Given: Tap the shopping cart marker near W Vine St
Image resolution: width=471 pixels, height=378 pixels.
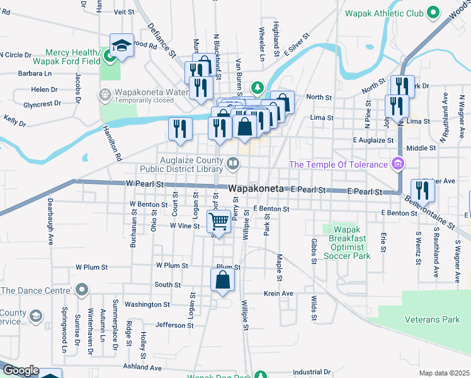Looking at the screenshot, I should [218, 222].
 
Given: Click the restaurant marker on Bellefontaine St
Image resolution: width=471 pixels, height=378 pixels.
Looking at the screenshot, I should [423, 190].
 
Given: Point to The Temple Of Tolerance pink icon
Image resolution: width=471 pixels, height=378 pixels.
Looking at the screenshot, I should [397, 165].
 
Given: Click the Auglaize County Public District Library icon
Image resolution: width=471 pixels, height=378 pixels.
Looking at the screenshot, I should [233, 164].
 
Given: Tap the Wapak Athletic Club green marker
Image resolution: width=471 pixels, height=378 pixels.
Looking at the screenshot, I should [433, 12].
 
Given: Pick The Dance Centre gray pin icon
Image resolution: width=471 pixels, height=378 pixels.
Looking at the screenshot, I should [81, 290].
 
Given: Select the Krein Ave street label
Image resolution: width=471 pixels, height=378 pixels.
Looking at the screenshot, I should [279, 294].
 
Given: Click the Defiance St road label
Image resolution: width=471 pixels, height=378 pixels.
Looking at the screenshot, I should [161, 40].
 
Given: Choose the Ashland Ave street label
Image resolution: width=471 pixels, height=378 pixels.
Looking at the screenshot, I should [142, 368].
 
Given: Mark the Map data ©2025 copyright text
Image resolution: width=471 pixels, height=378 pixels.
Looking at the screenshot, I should [444, 373].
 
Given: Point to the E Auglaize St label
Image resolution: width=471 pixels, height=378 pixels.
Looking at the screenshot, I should [373, 139].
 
